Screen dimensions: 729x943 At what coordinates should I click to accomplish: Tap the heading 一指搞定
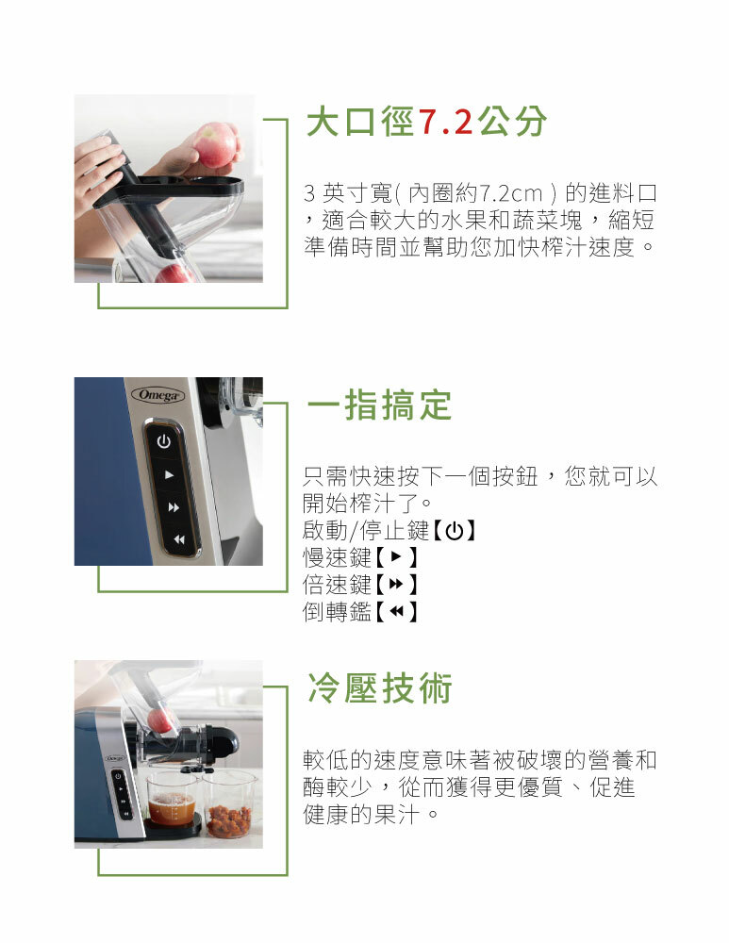point(379,405)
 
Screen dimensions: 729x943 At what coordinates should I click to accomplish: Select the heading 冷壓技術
point(379,688)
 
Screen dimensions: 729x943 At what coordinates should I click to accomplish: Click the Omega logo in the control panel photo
point(158,395)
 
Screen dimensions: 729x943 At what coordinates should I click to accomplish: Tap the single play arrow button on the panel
point(169,474)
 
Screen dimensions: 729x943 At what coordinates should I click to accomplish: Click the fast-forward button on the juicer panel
point(174,507)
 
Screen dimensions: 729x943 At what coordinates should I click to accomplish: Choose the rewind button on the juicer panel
point(178,539)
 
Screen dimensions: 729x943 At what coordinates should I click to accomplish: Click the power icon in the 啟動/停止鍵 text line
point(455,531)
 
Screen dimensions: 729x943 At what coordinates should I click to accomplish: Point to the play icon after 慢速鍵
point(396,557)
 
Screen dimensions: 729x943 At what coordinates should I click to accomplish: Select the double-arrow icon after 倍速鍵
point(396,584)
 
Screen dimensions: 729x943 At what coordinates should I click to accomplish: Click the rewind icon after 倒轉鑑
point(396,612)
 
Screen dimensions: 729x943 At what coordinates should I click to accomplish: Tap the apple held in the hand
point(216,145)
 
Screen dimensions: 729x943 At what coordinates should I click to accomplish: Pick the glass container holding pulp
point(228,806)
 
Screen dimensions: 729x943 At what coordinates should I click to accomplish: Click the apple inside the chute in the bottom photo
point(160,720)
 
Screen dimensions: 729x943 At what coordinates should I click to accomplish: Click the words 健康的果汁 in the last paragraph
point(361,815)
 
